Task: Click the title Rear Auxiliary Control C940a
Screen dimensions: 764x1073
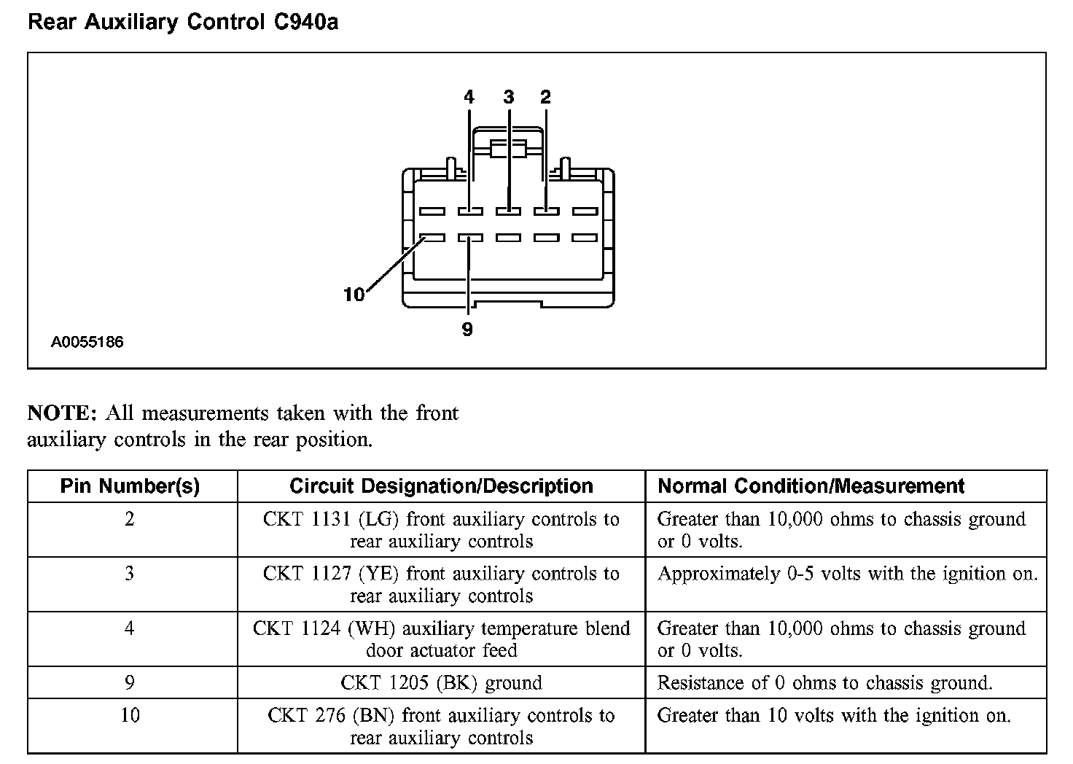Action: pyautogui.click(x=182, y=23)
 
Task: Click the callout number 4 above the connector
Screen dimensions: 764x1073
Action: pyautogui.click(x=469, y=97)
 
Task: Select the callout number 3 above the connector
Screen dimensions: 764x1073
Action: pyautogui.click(x=508, y=97)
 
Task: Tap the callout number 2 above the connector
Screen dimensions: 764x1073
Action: pyautogui.click(x=545, y=97)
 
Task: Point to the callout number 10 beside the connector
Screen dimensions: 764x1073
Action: pyautogui.click(x=354, y=295)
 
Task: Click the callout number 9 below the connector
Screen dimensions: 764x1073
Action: pyautogui.click(x=467, y=330)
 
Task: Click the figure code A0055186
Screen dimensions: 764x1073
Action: pyautogui.click(x=87, y=342)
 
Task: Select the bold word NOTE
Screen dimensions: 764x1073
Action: pyautogui.click(x=61, y=413)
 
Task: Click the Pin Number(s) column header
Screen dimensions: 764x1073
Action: pyautogui.click(x=130, y=486)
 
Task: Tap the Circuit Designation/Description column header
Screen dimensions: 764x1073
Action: pyautogui.click(x=441, y=486)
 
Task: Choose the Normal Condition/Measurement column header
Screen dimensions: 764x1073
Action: pyautogui.click(x=811, y=486)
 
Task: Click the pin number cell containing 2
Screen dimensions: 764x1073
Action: pyautogui.click(x=130, y=520)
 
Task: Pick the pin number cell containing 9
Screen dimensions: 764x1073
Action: pyautogui.click(x=130, y=683)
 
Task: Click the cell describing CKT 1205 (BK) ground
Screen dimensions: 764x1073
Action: pyautogui.click(x=441, y=683)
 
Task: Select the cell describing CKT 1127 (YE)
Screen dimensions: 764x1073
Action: pyautogui.click(x=441, y=585)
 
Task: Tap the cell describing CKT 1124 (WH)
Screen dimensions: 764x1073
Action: pyautogui.click(x=441, y=639)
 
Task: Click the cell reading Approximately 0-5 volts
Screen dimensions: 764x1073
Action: pyautogui.click(x=846, y=574)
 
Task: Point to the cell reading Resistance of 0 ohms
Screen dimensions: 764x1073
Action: pyautogui.click(x=824, y=683)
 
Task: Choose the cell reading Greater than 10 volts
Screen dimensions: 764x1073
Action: pyautogui.click(x=834, y=716)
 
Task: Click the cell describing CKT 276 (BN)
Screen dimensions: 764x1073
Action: pyautogui.click(x=441, y=727)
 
